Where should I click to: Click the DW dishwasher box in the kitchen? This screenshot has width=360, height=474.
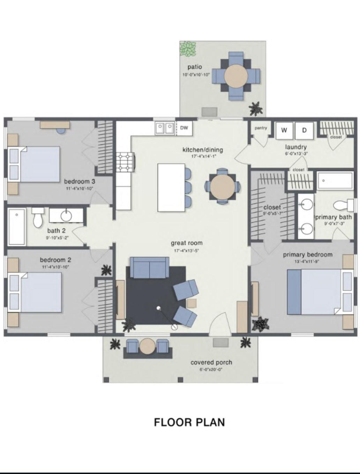pos(184,128)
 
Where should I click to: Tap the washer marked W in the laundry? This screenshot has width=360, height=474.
pos(284,130)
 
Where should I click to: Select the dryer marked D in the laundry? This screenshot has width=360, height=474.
pos(304,130)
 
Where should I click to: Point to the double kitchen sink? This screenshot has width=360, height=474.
pos(165,128)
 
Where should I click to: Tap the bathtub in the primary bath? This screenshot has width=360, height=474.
pos(335,180)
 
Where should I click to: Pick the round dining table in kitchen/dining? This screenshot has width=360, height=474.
pos(222,186)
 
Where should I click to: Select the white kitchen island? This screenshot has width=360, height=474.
pos(171,187)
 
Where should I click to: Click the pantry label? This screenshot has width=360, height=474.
pos(261,128)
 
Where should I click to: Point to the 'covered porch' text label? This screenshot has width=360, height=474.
pos(211,362)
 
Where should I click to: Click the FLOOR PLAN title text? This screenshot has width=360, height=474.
pos(189,422)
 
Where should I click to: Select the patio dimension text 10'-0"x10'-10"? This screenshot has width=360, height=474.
pos(196,75)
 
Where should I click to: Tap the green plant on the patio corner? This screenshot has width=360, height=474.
pos(188,49)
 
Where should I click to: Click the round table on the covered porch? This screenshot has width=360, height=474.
pos(147,347)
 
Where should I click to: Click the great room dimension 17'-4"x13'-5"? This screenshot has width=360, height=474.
pos(186,251)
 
